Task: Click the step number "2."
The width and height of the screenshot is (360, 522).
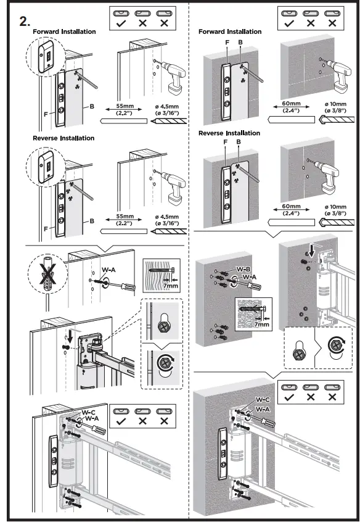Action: pyautogui.click(x=25, y=20)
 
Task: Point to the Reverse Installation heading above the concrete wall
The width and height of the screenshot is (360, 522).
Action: pyautogui.click(x=229, y=133)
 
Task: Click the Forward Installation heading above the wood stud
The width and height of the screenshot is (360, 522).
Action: pyautogui.click(x=64, y=31)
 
